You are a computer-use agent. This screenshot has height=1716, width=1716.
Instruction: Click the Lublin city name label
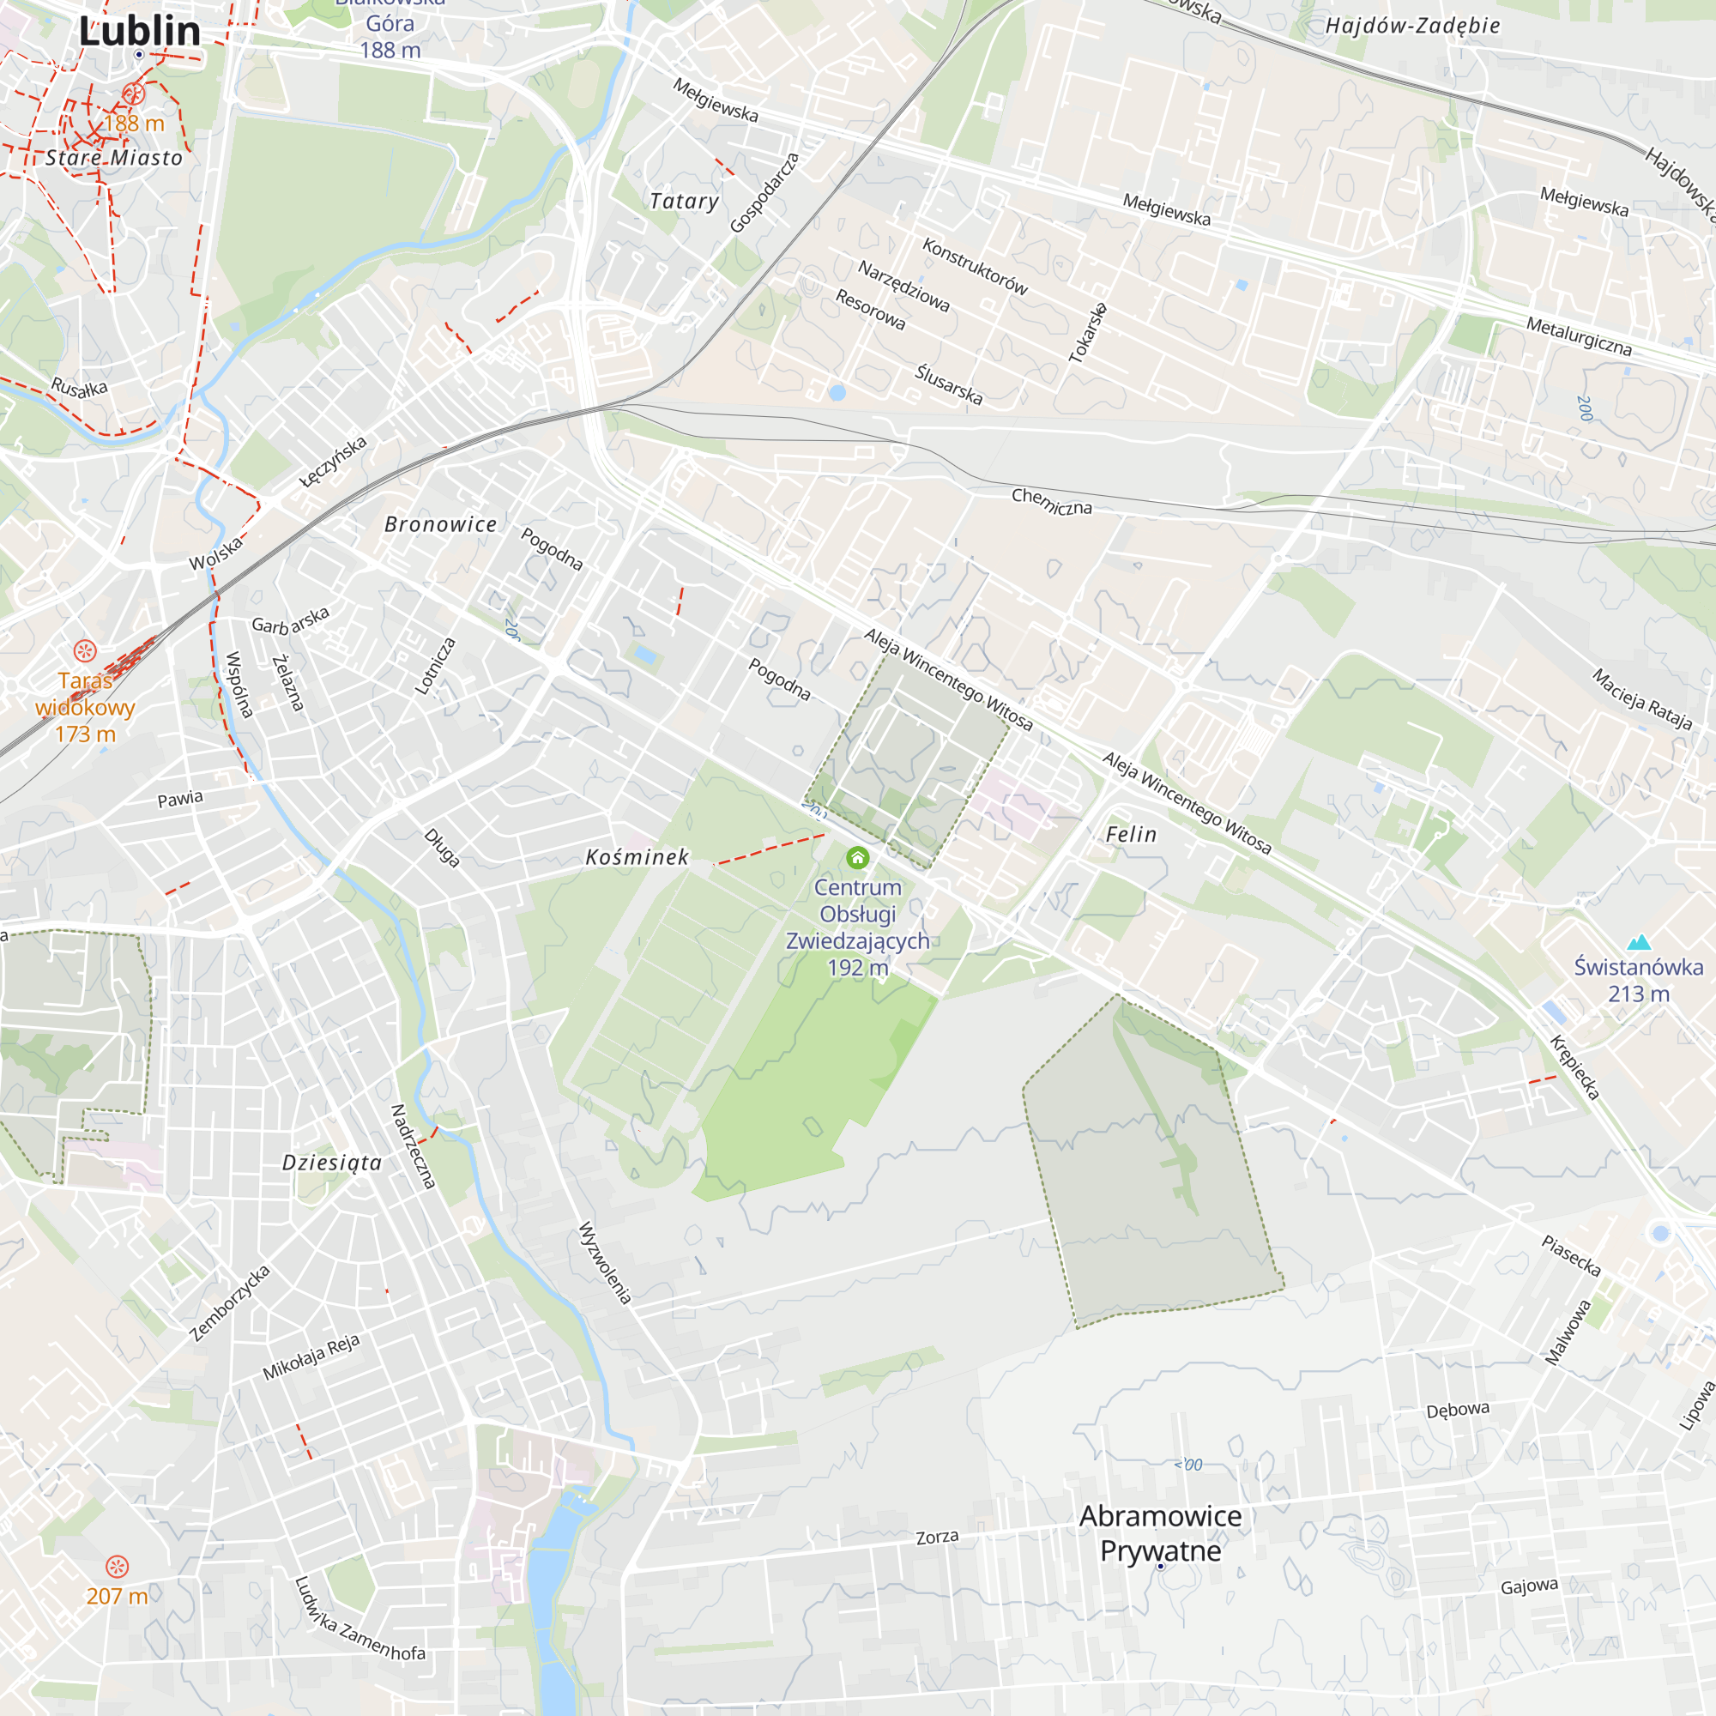(x=140, y=31)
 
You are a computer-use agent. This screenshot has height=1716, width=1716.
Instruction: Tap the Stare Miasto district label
(x=114, y=158)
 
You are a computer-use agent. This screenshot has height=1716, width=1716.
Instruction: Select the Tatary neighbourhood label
(x=683, y=202)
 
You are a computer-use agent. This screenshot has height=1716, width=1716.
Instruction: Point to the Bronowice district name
(x=440, y=525)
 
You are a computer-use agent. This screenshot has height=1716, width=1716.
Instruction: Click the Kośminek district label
(x=637, y=857)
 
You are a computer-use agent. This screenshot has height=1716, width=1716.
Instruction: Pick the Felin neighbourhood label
(x=1131, y=834)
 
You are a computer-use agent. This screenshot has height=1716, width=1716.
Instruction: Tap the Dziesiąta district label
(x=331, y=1163)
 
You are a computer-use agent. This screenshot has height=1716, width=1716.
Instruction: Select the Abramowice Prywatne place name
(x=1160, y=1533)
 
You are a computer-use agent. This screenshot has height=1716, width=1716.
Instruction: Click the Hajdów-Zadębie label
(x=1412, y=26)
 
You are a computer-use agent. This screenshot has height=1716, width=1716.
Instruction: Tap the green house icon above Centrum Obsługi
(x=857, y=857)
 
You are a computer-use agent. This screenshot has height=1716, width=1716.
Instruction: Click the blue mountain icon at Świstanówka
(x=1639, y=941)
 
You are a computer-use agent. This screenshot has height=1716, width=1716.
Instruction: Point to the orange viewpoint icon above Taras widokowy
(x=84, y=651)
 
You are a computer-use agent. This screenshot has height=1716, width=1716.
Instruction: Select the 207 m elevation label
(x=117, y=1596)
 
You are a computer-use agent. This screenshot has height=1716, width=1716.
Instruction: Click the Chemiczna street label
(x=1052, y=502)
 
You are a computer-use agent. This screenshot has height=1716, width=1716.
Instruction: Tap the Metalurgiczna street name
(x=1579, y=336)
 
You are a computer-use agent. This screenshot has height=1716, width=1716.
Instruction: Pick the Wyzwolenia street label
(x=605, y=1263)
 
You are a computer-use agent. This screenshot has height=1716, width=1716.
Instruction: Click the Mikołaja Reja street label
(x=311, y=1357)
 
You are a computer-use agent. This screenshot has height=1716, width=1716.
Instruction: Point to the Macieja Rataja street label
(x=1641, y=700)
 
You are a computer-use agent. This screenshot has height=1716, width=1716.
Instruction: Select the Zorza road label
(x=937, y=1538)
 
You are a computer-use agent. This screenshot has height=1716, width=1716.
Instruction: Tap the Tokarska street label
(x=1088, y=333)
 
